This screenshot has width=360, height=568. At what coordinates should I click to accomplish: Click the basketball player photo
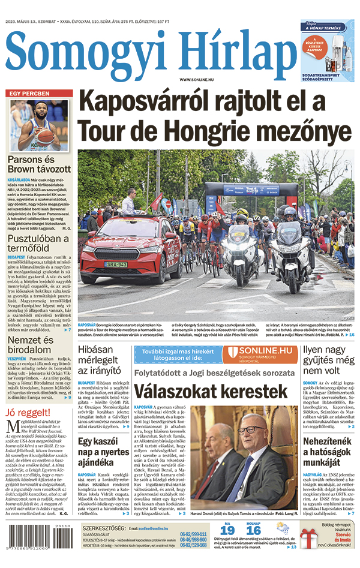coord(40,125)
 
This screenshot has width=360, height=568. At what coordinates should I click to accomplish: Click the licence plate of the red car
coord(116,264)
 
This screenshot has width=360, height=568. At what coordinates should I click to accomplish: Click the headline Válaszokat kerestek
coord(211,392)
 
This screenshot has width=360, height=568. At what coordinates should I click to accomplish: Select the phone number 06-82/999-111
coord(193,534)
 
